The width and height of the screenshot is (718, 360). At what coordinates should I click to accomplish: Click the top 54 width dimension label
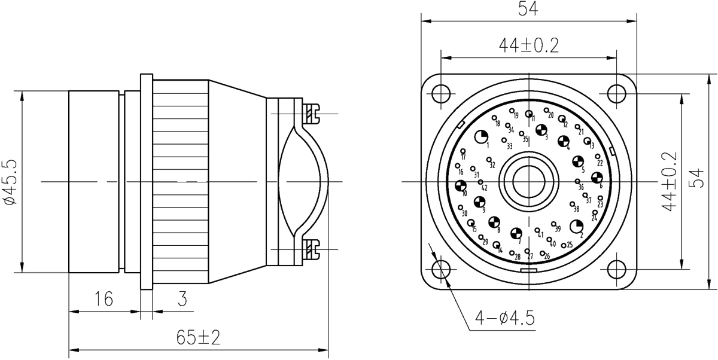(x=528, y=9)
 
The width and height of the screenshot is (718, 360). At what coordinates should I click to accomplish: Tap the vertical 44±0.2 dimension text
(x=670, y=180)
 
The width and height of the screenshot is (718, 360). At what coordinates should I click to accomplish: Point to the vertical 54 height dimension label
(x=697, y=180)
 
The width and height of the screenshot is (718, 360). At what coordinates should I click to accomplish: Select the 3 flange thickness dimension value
(x=180, y=297)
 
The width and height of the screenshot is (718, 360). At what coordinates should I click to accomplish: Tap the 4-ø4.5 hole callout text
(x=505, y=318)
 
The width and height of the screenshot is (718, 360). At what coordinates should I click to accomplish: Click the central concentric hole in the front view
(x=529, y=180)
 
